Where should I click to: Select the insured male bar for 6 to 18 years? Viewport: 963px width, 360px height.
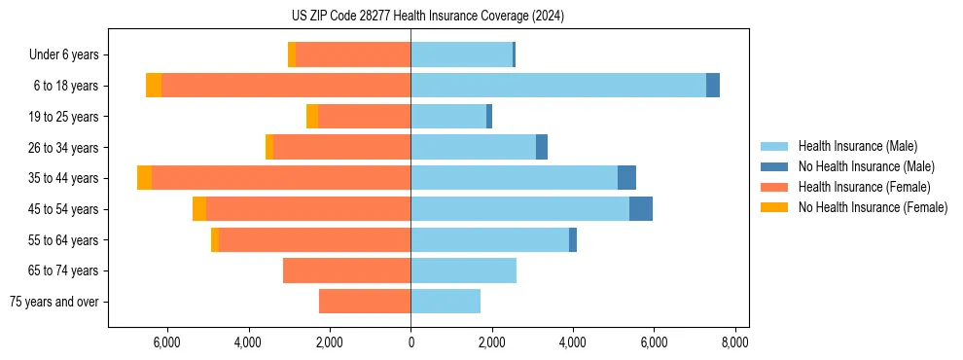click(558, 86)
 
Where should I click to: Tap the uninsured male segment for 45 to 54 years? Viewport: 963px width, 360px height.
click(641, 209)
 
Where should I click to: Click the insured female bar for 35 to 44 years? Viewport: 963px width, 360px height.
click(281, 178)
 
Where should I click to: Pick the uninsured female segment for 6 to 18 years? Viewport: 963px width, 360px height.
click(154, 86)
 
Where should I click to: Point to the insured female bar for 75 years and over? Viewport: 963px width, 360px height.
click(365, 302)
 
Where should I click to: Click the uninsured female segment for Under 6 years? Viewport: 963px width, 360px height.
click(292, 54)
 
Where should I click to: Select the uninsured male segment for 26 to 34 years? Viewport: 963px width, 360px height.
click(542, 147)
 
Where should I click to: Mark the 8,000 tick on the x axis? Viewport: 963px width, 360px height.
click(734, 342)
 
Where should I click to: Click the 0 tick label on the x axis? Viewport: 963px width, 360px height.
click(410, 342)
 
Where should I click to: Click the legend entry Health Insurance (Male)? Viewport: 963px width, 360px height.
click(857, 146)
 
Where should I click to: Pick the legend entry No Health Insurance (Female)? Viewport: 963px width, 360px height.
click(872, 207)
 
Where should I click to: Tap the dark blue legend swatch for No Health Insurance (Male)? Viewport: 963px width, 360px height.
click(774, 166)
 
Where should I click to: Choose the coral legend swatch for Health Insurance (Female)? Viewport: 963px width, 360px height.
click(774, 187)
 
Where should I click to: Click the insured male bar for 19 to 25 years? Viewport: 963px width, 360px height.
click(448, 117)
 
